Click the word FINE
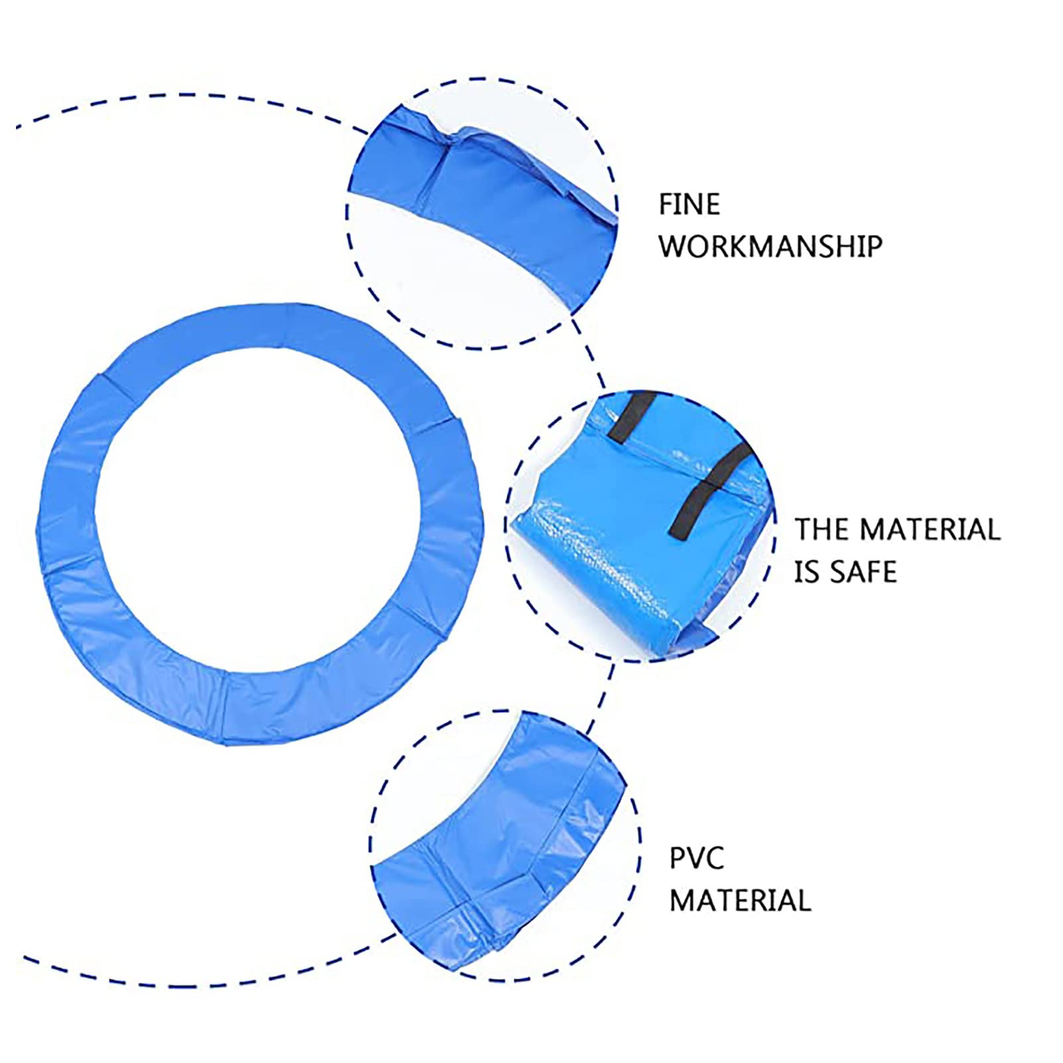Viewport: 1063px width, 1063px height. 689,204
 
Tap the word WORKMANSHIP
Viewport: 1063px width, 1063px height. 770,247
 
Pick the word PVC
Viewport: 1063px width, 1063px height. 696,859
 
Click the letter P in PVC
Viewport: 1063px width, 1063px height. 677,859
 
